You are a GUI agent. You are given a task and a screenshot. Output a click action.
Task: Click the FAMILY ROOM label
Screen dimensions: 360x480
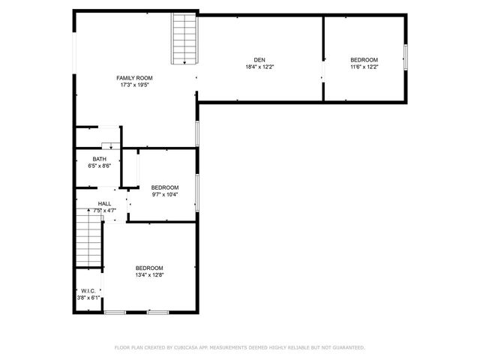click(x=134, y=78)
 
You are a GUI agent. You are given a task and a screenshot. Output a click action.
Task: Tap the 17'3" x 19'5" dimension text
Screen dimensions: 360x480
click(x=134, y=85)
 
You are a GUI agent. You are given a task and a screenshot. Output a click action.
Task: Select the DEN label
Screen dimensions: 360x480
click(x=259, y=60)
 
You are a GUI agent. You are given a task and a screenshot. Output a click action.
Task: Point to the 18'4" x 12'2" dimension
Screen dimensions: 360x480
click(x=259, y=67)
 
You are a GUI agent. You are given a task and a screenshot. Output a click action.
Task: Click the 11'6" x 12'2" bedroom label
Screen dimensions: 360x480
click(x=364, y=60)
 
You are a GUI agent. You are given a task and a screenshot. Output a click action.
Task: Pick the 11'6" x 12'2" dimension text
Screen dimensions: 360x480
click(x=364, y=67)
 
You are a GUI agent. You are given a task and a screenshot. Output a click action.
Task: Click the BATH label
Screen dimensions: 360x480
click(x=99, y=159)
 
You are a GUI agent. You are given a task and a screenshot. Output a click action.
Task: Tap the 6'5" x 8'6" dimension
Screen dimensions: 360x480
click(x=99, y=166)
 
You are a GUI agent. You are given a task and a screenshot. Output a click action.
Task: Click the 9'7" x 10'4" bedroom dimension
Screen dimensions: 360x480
click(x=165, y=194)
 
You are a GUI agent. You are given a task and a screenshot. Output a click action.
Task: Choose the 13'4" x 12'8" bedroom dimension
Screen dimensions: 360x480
click(x=149, y=275)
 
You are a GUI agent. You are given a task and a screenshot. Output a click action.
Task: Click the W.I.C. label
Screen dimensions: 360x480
click(x=88, y=292)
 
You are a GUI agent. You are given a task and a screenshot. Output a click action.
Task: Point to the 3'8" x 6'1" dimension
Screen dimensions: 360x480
click(x=88, y=298)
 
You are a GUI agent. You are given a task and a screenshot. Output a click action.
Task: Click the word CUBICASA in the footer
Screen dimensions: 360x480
click(x=187, y=348)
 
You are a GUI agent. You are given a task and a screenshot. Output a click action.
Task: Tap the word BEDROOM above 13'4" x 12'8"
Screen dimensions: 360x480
click(x=149, y=268)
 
